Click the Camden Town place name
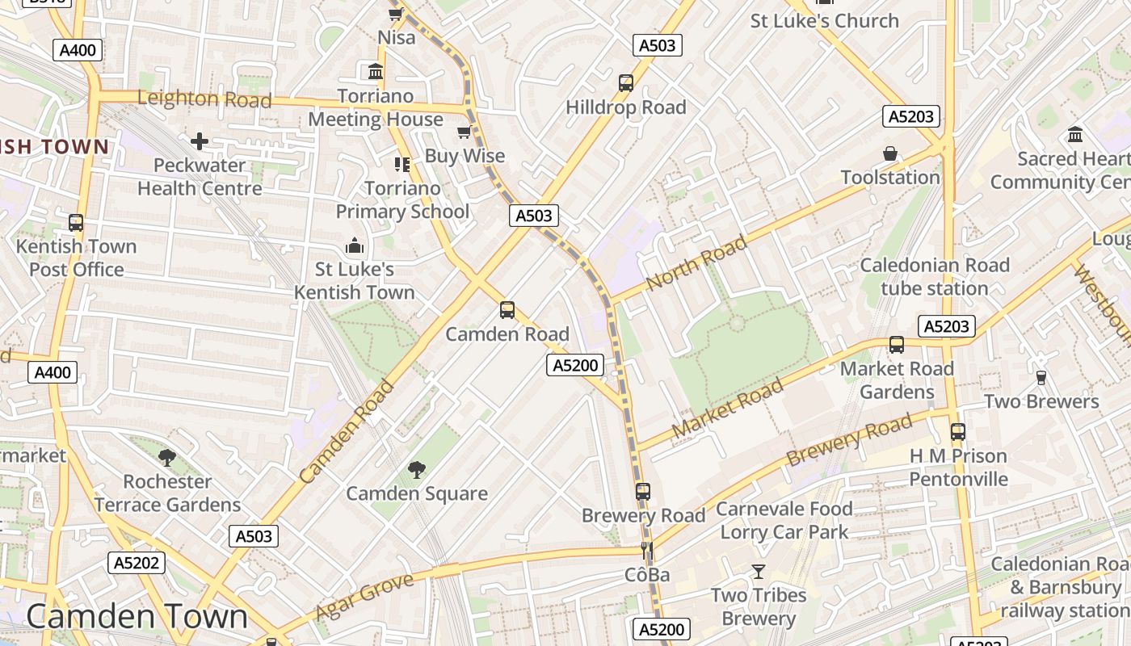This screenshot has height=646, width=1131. (x=137, y=617)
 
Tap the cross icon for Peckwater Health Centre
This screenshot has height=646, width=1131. (x=200, y=142)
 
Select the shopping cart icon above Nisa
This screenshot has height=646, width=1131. (x=396, y=14)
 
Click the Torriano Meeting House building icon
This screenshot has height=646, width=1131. (x=376, y=72)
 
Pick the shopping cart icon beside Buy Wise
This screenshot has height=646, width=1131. (x=465, y=132)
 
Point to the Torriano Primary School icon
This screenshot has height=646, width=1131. (x=402, y=165)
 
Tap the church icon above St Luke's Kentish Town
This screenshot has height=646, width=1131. (x=354, y=245)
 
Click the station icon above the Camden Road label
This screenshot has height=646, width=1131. (x=507, y=309)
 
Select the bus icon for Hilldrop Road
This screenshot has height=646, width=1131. (x=625, y=82)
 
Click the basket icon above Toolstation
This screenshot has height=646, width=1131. (x=890, y=153)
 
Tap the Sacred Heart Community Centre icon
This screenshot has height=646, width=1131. (x=1075, y=134)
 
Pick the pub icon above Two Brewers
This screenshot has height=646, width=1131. (x=1041, y=377)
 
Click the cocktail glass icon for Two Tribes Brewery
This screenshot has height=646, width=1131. (x=758, y=572)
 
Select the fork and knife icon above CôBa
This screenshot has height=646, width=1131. (x=646, y=551)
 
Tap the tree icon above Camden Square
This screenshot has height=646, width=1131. (x=417, y=469)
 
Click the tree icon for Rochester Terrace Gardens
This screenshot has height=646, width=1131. (x=167, y=458)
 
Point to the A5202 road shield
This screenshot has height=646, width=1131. (x=137, y=563)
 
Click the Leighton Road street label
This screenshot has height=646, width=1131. (x=204, y=99)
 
